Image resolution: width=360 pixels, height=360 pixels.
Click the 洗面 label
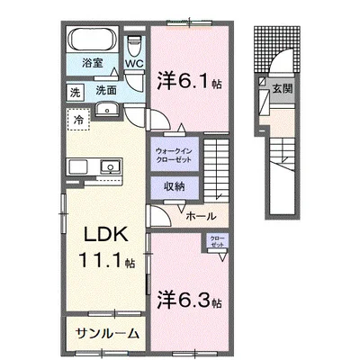click(107, 91)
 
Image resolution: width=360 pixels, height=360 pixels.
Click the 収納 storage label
click(175, 186)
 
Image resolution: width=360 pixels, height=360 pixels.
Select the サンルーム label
click(105, 332)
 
